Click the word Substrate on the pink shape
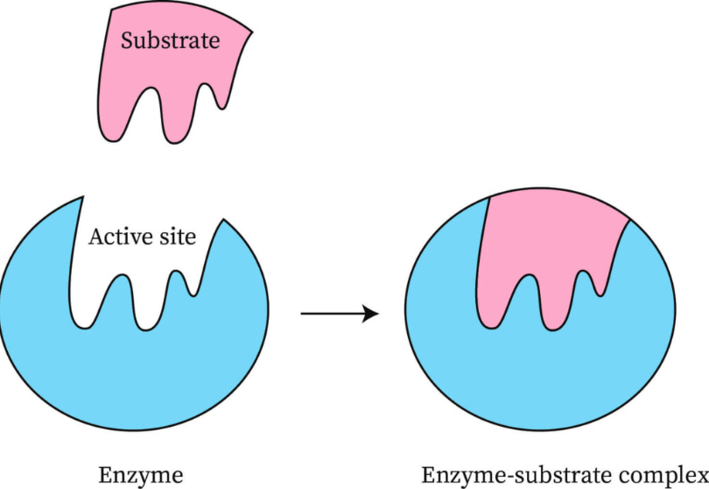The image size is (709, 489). point(170,40)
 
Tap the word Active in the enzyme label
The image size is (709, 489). point(113,237)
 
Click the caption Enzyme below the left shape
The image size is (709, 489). point(140,476)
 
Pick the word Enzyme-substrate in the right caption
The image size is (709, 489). point(517,476)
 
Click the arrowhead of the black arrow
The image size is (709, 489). point(371,313)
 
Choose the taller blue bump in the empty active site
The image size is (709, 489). point(119,294)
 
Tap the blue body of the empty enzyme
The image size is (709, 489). point(131,377)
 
